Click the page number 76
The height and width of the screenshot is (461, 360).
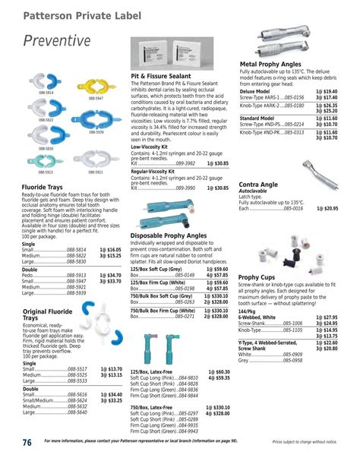pyautogui.click(x=27, y=442)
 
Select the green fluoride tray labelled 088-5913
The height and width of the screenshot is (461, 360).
pyautogui.click(x=45, y=159)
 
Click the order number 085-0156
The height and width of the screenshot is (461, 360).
pyautogui.click(x=290, y=97)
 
